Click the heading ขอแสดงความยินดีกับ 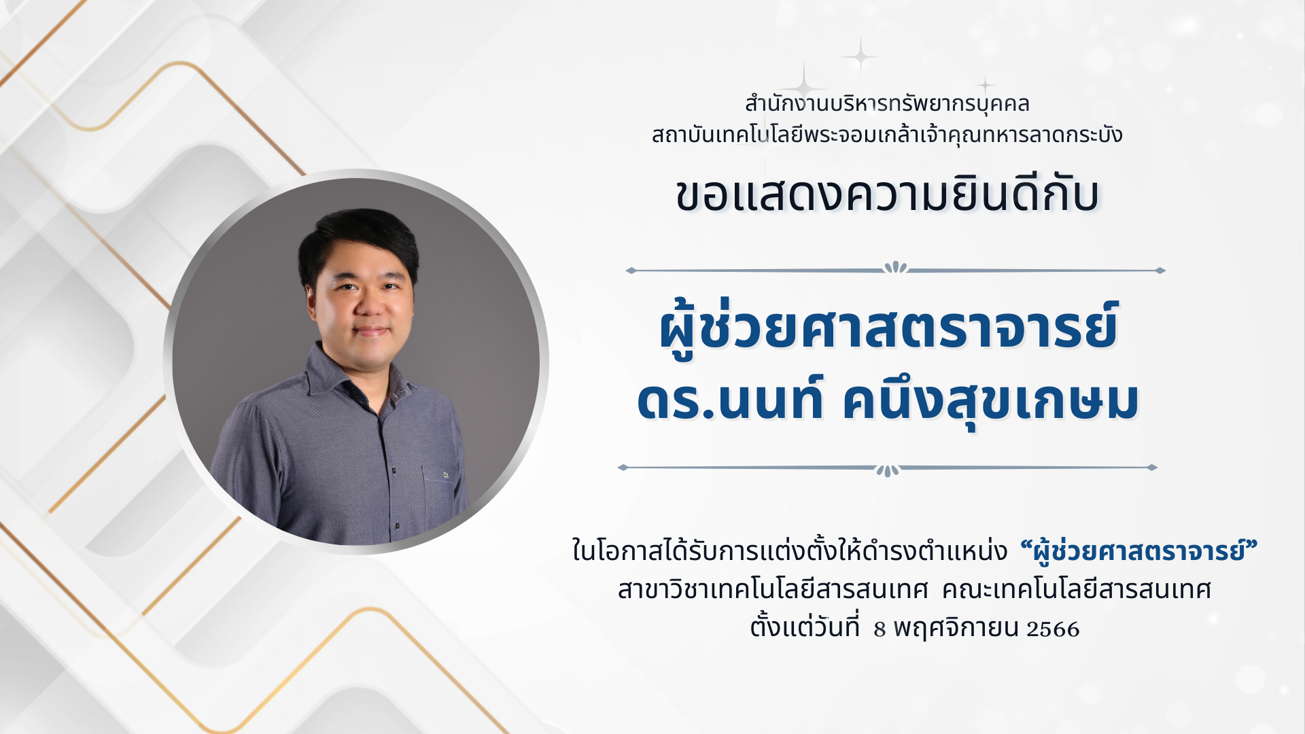[x=887, y=195]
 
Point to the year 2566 [x=1053, y=629]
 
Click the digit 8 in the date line [x=880, y=629]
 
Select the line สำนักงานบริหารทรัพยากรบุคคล [x=887, y=104]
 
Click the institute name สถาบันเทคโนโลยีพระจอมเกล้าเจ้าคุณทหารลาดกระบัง [x=887, y=135]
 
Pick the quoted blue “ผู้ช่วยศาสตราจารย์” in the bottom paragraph [x=1139, y=550]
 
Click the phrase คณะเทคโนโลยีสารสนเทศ [x=1077, y=589]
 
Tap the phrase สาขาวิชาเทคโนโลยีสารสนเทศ [x=773, y=589]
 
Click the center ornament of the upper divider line [x=896, y=267]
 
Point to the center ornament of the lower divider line [x=888, y=470]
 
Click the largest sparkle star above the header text [x=860, y=56]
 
